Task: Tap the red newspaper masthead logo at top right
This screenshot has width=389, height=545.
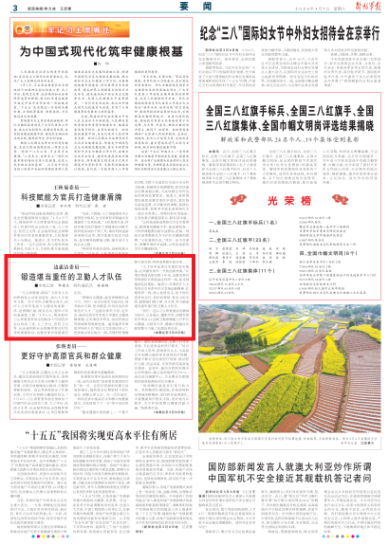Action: pyautogui.click(x=365, y=9)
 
